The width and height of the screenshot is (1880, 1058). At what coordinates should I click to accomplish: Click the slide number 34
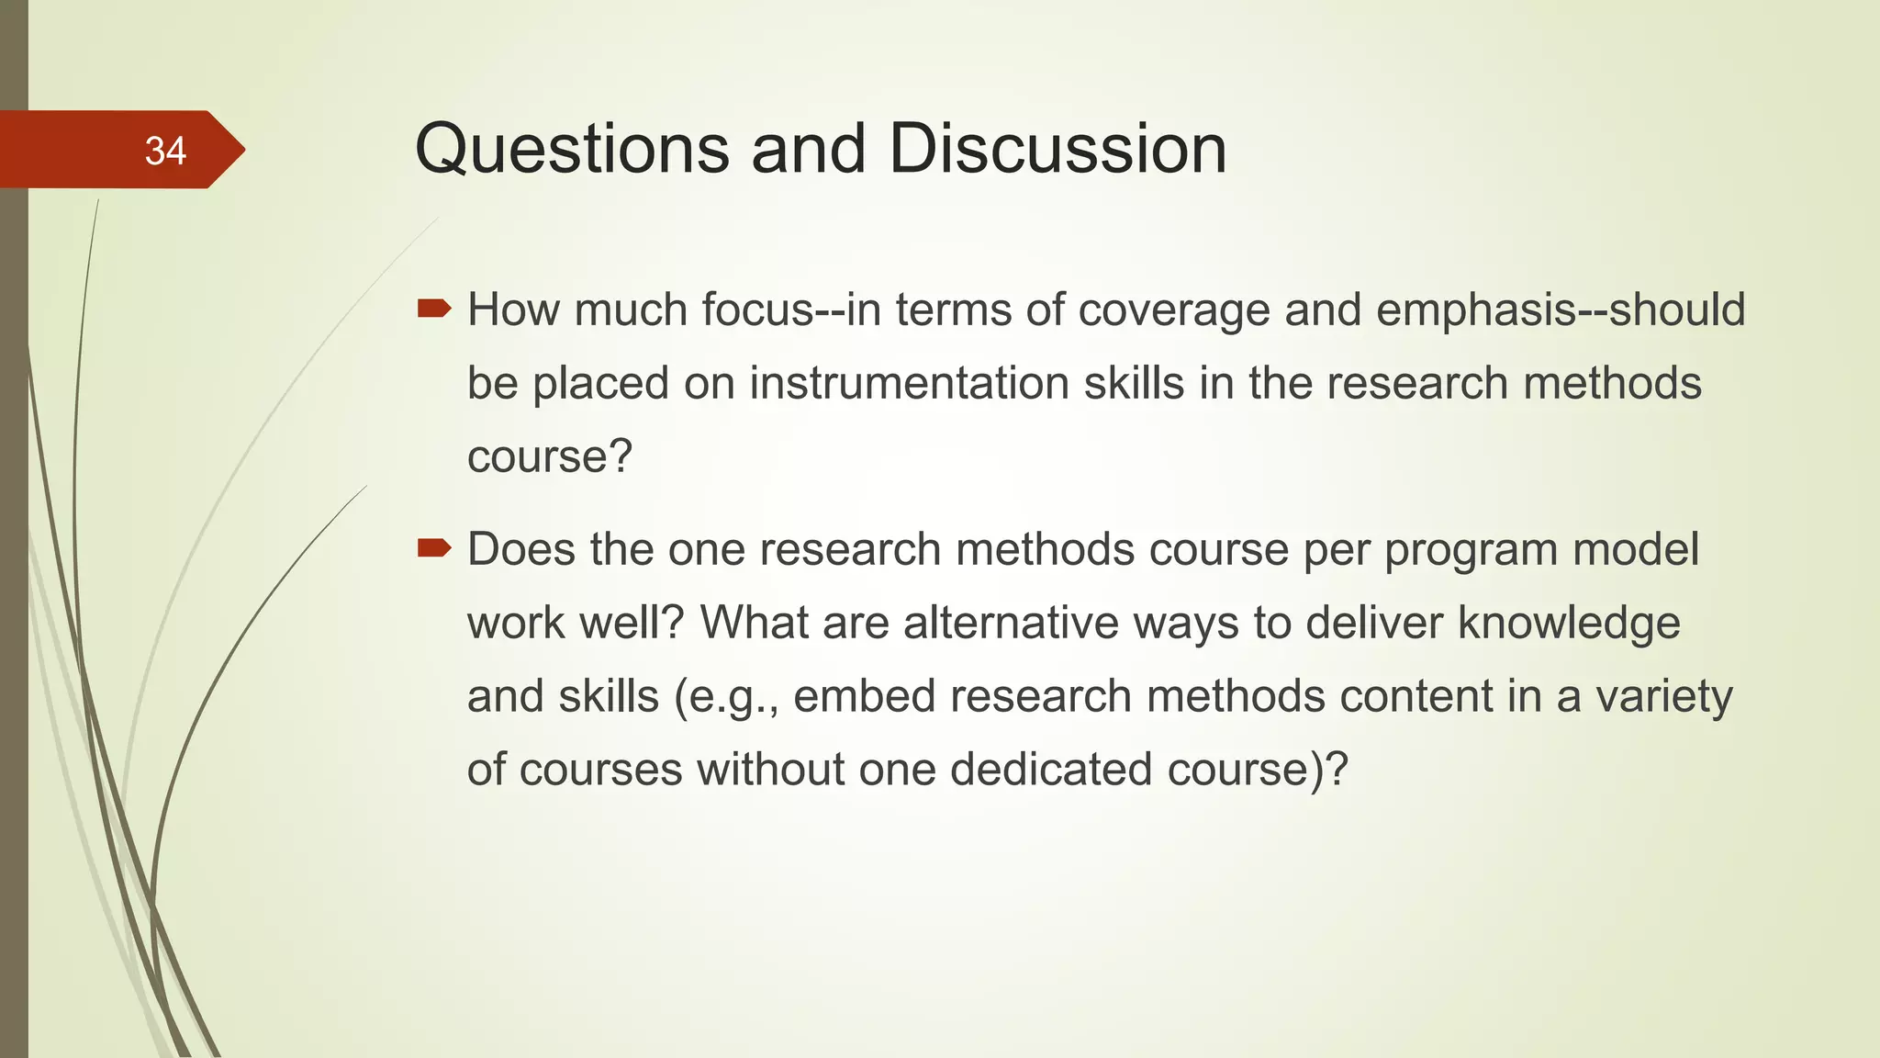coord(165,151)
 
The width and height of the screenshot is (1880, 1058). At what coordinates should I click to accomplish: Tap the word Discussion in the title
coord(1057,149)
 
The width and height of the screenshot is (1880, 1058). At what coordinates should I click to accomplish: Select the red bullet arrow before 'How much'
coord(434,309)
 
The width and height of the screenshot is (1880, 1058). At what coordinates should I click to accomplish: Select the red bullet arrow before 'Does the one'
coord(434,548)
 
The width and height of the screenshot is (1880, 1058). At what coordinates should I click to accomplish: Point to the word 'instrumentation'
coord(909,383)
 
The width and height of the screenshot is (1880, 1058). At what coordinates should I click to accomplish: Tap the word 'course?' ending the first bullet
coord(550,456)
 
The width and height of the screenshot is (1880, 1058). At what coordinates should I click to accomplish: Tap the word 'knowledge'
coord(1569,623)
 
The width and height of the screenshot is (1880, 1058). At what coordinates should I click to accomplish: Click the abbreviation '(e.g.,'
coord(726,697)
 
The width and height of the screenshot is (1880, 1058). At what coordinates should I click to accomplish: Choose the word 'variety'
coord(1663,696)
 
